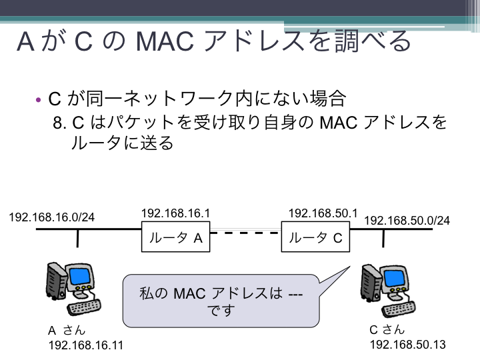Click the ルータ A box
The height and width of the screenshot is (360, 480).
pos(176,237)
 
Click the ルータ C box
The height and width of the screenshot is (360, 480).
pos(315,237)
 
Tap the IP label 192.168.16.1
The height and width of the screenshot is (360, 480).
pos(176,213)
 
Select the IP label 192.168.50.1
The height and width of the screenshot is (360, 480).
pos(323,213)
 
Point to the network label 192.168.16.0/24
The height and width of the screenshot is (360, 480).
pos(52,217)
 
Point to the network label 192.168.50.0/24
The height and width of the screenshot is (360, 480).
pos(407,221)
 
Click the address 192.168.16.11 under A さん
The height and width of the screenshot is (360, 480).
pos(86,345)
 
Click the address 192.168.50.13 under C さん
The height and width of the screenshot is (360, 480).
pos(408,345)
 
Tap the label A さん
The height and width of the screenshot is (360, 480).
pos(67,331)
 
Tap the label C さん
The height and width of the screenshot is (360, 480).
pos(387,330)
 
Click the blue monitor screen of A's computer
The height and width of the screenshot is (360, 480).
pos(80,275)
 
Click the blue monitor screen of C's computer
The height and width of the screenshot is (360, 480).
pos(394,278)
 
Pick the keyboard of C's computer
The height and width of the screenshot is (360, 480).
pos(399,309)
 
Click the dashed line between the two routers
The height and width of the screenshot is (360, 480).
pos(245,233)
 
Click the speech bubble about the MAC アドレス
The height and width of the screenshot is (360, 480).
pos(221,301)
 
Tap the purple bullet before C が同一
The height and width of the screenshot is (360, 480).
pos(38,100)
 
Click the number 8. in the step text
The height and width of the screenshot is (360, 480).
pos(59,123)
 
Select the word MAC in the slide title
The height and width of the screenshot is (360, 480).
pos(165,41)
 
